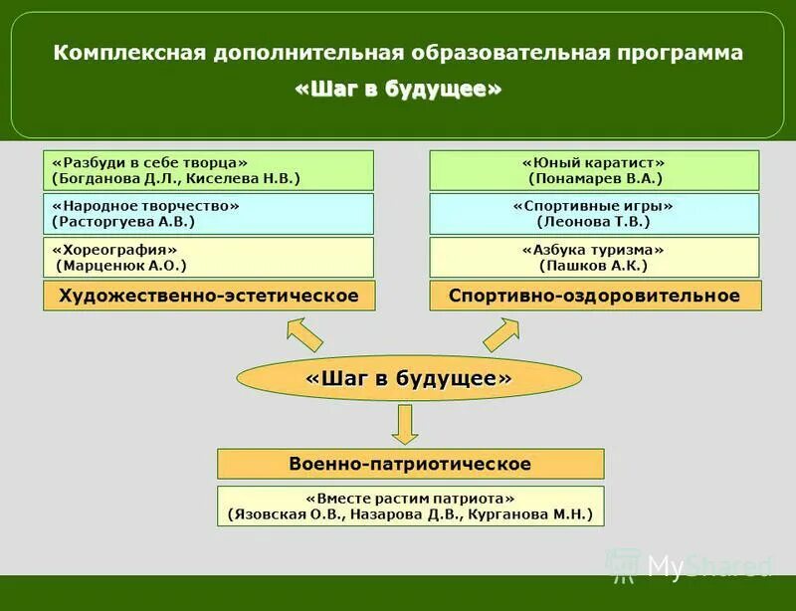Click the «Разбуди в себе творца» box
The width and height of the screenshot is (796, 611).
[208, 170]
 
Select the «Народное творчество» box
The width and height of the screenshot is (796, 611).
[208, 214]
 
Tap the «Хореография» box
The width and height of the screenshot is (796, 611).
[208, 258]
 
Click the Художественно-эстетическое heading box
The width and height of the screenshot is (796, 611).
[208, 296]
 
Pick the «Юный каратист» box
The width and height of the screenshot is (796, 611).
[594, 170]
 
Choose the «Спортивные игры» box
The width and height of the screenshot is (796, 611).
[594, 214]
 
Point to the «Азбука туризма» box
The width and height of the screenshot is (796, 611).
[594, 258]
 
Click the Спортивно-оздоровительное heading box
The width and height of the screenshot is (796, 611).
[594, 296]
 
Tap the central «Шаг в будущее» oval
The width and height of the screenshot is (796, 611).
[408, 378]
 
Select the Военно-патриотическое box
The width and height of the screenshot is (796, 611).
[410, 464]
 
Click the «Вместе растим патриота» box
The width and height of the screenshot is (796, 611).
[410, 506]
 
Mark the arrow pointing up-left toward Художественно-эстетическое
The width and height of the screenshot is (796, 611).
[303, 333]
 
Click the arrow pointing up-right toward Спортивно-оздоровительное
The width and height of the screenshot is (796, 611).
[501, 333]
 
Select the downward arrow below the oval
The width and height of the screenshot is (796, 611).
[403, 423]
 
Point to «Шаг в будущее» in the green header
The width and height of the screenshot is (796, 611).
[398, 90]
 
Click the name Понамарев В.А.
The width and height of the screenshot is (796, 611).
[595, 178]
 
